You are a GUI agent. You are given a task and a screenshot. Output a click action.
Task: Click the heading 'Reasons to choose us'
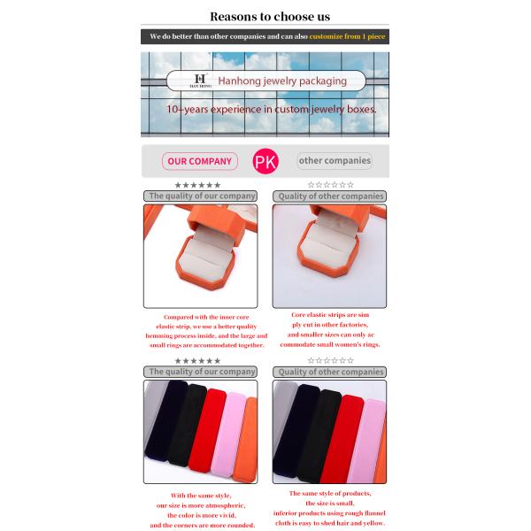[270, 16]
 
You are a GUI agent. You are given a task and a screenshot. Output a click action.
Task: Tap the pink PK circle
[265, 161]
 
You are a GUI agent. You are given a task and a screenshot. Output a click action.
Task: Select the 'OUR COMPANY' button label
[199, 161]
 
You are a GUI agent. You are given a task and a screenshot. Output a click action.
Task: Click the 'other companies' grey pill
[335, 161]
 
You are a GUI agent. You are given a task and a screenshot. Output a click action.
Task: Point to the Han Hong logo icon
[200, 81]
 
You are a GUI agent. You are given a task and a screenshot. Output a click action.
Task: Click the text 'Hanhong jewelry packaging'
[282, 81]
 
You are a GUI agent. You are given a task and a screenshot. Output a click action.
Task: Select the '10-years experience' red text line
[272, 109]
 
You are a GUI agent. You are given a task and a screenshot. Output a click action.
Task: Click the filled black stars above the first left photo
[197, 185]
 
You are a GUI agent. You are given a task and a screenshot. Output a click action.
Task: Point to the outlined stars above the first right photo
[330, 185]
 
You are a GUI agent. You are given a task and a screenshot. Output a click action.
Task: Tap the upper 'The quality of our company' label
[202, 196]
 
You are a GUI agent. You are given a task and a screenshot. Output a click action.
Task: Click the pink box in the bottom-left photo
[233, 434]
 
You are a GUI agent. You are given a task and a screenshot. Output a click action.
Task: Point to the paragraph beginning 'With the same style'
[202, 510]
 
